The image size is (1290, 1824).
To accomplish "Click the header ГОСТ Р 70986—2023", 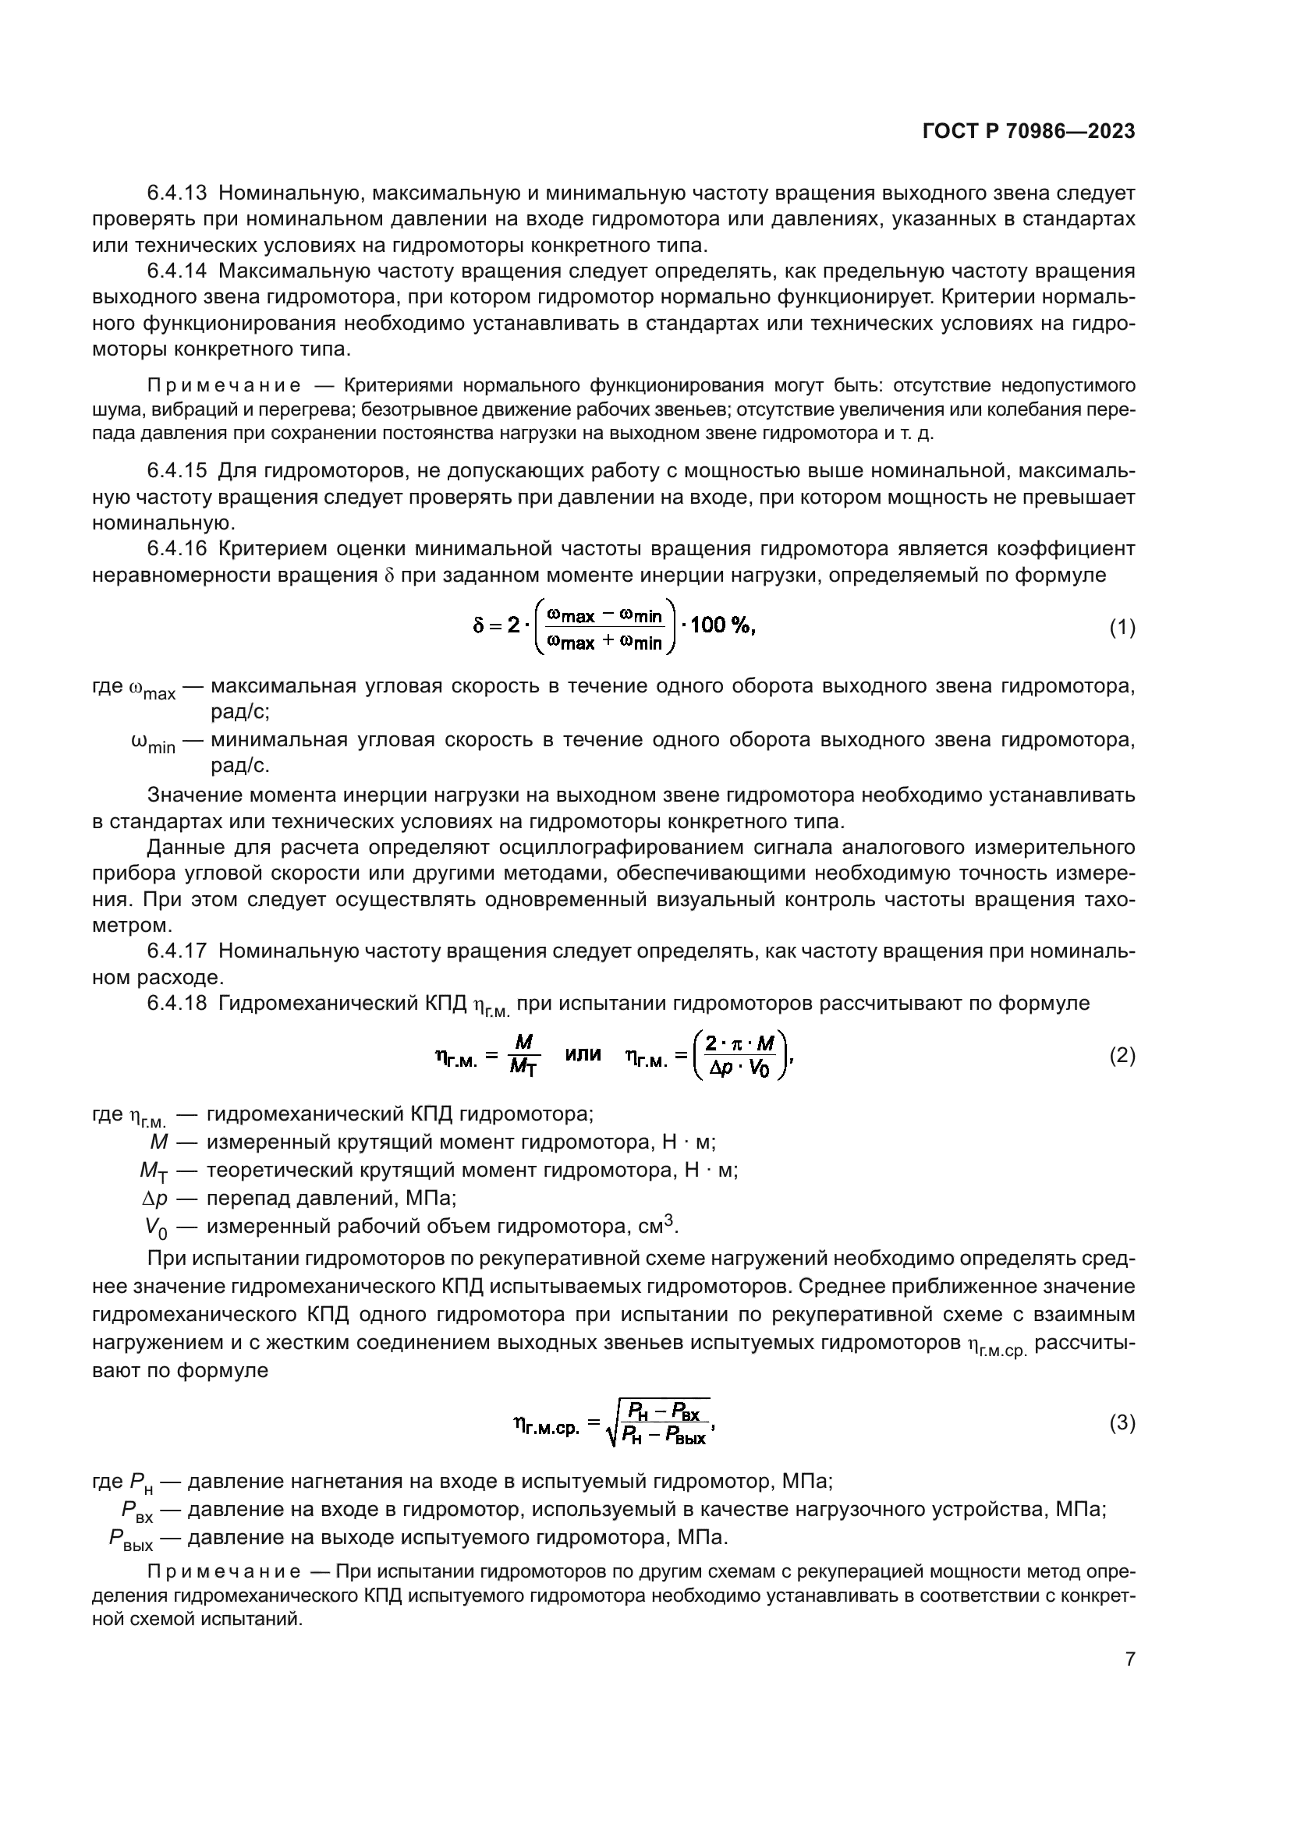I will pos(1028,132).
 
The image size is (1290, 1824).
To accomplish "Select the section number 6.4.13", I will pos(176,193).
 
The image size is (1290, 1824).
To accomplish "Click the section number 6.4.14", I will pos(176,271).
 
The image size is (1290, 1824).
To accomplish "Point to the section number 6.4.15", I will pos(176,471).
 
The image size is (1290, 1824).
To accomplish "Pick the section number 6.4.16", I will pos(176,549).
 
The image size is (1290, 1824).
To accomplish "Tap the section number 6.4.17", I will pos(176,950).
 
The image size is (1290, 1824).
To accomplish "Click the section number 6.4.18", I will pos(176,1003).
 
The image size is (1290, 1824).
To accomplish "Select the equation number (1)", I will pos(1122,628).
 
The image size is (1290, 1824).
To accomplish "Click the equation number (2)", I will pos(1122,1055).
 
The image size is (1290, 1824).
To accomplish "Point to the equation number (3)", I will pos(1122,1422).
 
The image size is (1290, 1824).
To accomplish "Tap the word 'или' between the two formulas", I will pos(583,1054).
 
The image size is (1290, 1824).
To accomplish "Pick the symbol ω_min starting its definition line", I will pos(153,743).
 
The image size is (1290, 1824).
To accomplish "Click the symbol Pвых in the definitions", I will pos(131,1539).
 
